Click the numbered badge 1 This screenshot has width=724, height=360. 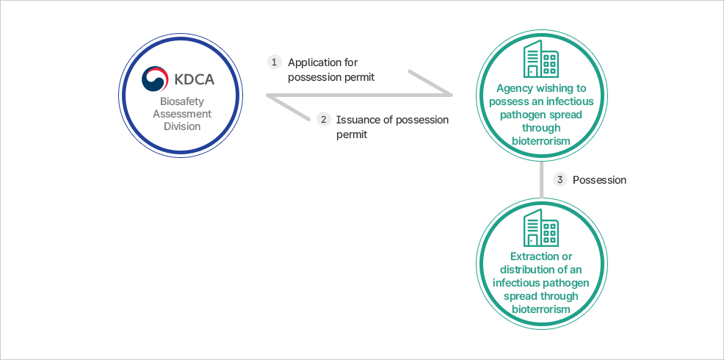pyautogui.click(x=275, y=62)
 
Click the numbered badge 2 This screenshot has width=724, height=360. pyautogui.click(x=323, y=119)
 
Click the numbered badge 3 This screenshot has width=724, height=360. pyautogui.click(x=560, y=179)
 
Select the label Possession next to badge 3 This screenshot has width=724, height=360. pyautogui.click(x=599, y=179)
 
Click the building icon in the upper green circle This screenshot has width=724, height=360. pyautogui.click(x=541, y=59)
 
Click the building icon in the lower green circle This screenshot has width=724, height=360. pyautogui.click(x=541, y=228)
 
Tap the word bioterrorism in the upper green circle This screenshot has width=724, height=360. pyautogui.click(x=541, y=140)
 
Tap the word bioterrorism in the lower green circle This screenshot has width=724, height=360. pyautogui.click(x=541, y=309)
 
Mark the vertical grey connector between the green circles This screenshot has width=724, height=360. pyautogui.click(x=541, y=179)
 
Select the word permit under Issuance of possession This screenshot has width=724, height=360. pyautogui.click(x=352, y=134)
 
